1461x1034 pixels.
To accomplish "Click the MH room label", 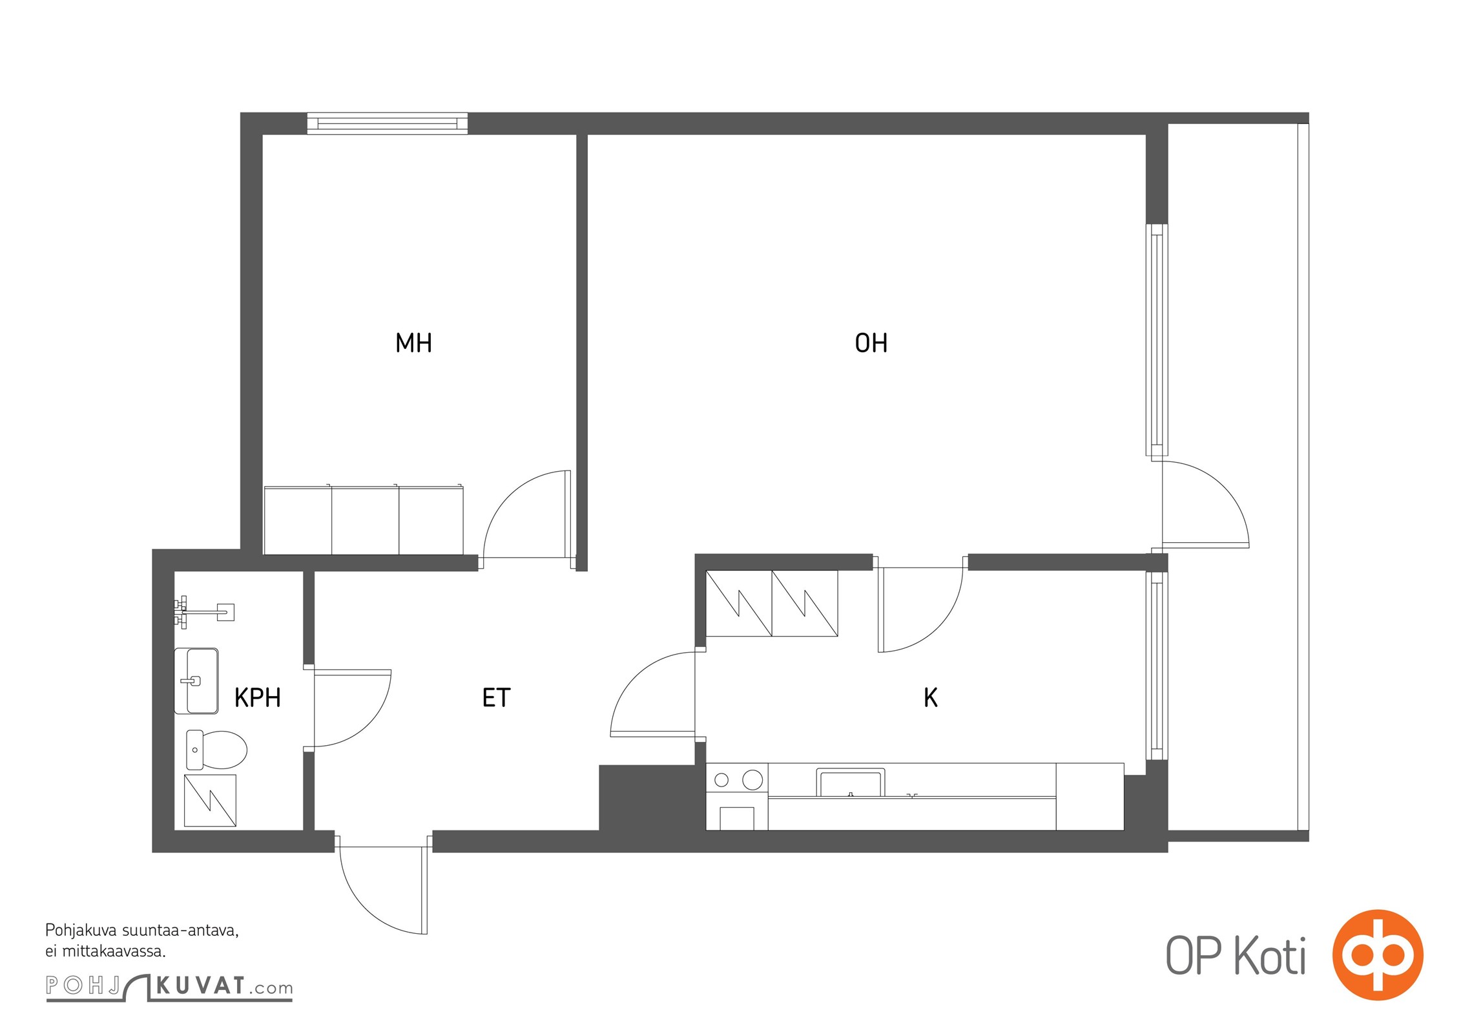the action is pyautogui.click(x=413, y=343).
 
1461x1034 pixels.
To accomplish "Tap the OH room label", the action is pyautogui.click(x=871, y=343).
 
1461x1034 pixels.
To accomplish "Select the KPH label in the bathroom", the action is pyautogui.click(x=257, y=698).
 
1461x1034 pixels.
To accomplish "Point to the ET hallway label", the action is pyautogui.click(x=496, y=698).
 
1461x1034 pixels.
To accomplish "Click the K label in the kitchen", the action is pyautogui.click(x=931, y=698).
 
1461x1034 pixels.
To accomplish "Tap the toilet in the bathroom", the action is pyautogui.click(x=216, y=750).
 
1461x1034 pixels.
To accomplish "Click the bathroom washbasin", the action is pyautogui.click(x=196, y=681).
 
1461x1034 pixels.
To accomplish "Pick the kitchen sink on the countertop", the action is pyautogui.click(x=850, y=783).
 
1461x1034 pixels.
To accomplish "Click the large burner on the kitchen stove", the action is pyautogui.click(x=752, y=780).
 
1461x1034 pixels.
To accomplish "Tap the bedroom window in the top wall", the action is pyautogui.click(x=387, y=123).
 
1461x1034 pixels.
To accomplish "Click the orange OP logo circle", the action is pyautogui.click(x=1378, y=955).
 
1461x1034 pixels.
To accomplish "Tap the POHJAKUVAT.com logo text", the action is pyautogui.click(x=169, y=987).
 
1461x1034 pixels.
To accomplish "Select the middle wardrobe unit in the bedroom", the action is pyautogui.click(x=366, y=520).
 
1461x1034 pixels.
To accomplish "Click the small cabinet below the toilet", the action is pyautogui.click(x=210, y=801).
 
